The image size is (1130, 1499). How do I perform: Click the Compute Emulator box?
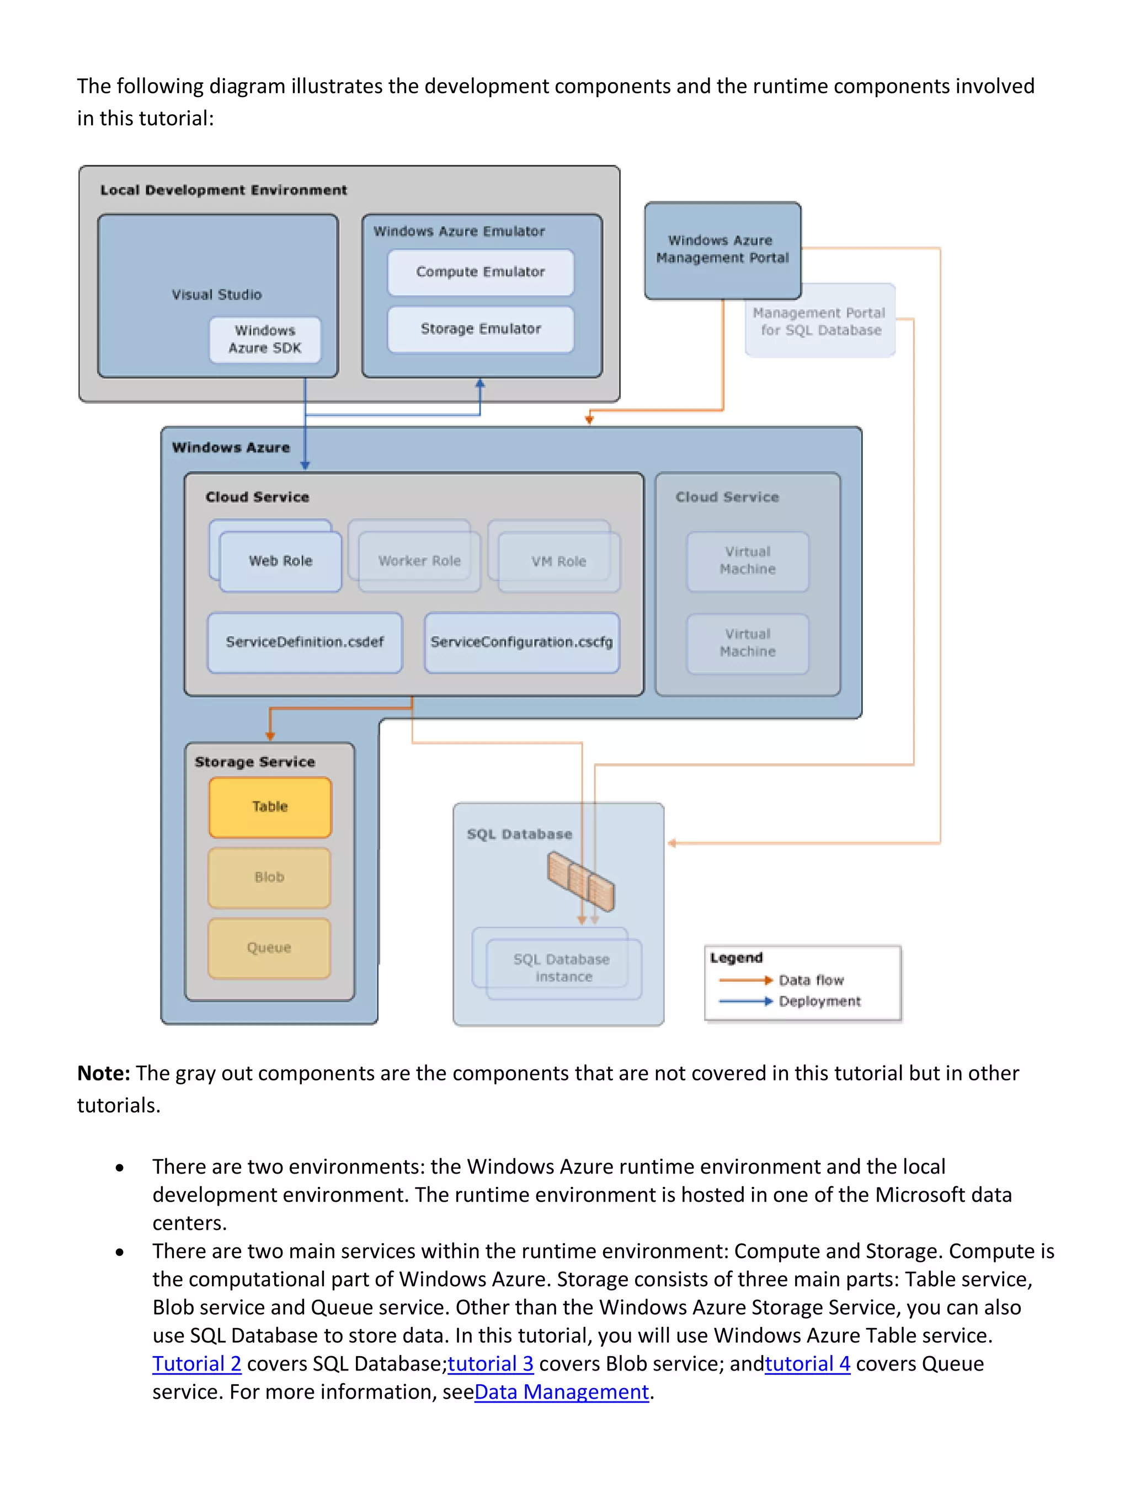[480, 272]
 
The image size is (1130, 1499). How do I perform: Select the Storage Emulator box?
[480, 329]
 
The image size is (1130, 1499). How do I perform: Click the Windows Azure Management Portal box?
[722, 249]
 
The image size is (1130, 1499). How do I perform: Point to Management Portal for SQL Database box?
[819, 321]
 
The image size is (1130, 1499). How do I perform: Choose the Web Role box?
[280, 561]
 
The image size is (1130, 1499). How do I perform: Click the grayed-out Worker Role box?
[419, 561]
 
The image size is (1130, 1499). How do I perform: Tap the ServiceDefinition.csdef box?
[305, 642]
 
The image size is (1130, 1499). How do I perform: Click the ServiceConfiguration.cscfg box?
[521, 642]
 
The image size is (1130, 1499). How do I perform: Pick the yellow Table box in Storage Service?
[270, 806]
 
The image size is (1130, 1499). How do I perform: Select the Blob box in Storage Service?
[269, 877]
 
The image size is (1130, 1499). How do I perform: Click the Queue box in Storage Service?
[269, 947]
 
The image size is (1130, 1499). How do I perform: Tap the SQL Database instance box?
[562, 968]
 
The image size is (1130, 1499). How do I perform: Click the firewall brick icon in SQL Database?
[580, 881]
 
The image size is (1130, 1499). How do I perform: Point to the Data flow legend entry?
[810, 980]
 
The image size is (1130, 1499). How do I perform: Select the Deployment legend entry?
[818, 1001]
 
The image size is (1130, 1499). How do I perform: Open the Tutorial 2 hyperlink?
[196, 1363]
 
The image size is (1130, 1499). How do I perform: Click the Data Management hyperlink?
[561, 1392]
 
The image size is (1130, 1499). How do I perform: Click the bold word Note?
[103, 1073]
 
